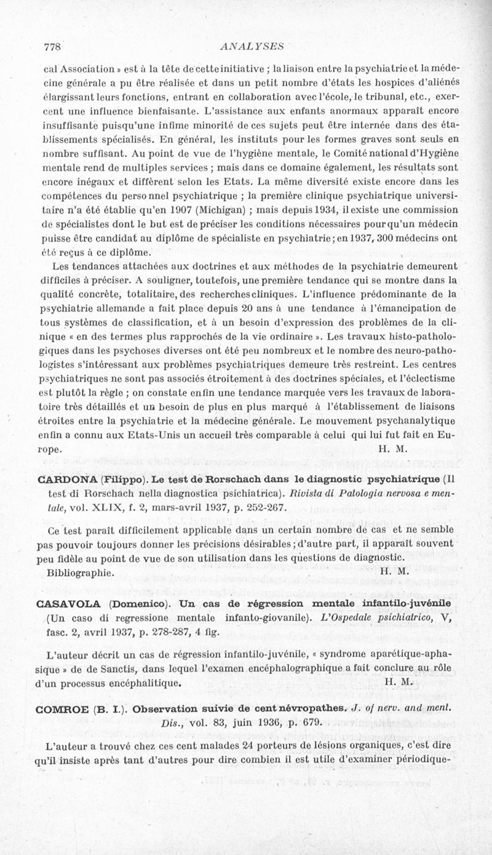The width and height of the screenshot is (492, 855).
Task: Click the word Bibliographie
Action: pos(81,571)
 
